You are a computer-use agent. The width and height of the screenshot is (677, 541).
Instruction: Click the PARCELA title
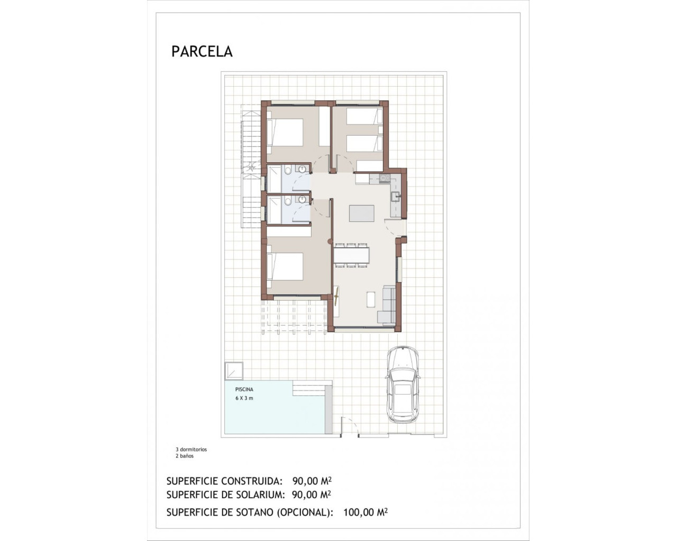click(x=202, y=51)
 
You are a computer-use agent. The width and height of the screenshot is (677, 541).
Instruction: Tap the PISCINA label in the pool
click(x=244, y=389)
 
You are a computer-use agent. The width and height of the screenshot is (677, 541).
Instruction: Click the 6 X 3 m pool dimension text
click(x=244, y=398)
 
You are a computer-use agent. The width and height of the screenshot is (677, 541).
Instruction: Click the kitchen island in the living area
click(x=361, y=213)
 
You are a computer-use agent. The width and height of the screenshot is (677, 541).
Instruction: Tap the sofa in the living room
click(x=388, y=304)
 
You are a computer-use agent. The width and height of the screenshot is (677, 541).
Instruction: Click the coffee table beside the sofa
click(x=371, y=299)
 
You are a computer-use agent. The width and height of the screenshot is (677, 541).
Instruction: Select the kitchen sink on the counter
click(x=395, y=197)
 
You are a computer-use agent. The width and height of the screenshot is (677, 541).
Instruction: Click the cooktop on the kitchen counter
click(x=383, y=180)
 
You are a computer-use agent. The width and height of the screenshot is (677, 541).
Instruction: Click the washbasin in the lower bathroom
click(x=302, y=200)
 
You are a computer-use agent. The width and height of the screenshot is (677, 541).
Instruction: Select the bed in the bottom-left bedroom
click(x=286, y=266)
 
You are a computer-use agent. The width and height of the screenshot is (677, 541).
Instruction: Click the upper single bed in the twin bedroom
click(x=364, y=116)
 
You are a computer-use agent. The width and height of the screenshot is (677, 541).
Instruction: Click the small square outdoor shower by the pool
click(x=233, y=370)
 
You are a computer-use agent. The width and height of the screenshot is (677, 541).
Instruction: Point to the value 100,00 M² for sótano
click(x=365, y=512)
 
